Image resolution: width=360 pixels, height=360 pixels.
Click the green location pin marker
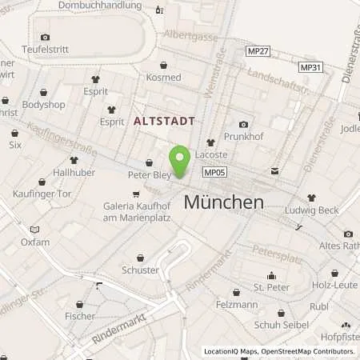[180, 161]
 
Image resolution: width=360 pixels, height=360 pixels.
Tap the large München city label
[223, 202]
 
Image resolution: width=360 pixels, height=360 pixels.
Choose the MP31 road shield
[310, 67]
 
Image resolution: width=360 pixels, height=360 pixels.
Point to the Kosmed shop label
[163, 78]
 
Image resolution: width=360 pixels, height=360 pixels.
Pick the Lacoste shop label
[211, 154]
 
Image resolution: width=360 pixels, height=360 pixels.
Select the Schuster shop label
[141, 270]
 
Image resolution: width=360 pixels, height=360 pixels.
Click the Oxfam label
[35, 242]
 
